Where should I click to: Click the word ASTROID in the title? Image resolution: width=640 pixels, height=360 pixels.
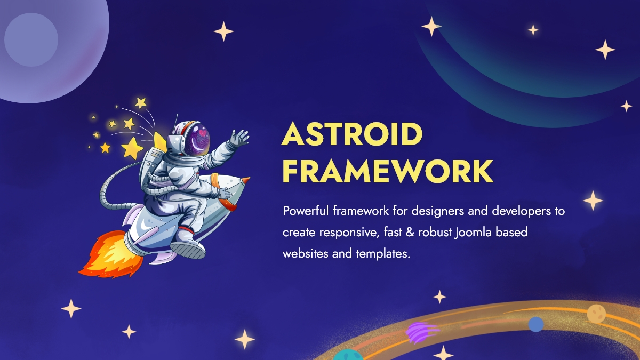[x=352, y=134]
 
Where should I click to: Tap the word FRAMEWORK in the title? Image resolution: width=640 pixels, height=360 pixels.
[x=387, y=171]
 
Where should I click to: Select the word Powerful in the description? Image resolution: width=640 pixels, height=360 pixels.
[x=306, y=211]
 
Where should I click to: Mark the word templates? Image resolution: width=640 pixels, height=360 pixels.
[x=382, y=254]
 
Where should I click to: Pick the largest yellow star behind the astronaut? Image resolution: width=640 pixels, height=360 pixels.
[x=132, y=148]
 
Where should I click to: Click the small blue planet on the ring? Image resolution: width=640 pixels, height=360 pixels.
[x=535, y=324]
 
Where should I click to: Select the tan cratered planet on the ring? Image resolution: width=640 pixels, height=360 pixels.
[x=595, y=313]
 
